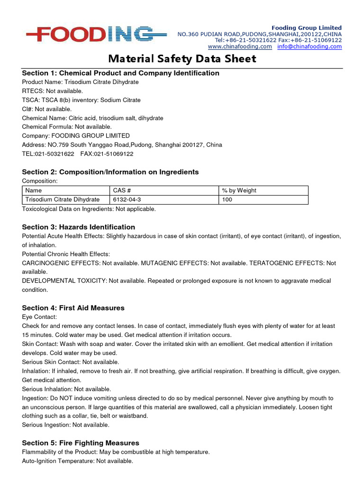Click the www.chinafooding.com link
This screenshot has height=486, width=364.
pyautogui.click(x=240, y=47)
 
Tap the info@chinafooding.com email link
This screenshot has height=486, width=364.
pyautogui.click(x=309, y=47)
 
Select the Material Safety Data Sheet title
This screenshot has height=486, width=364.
pyautogui.click(x=182, y=59)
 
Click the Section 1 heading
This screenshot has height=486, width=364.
pyautogui.click(x=120, y=73)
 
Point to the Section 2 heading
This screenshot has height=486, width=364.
pyautogui.click(x=110, y=172)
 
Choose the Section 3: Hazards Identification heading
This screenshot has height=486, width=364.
pyautogui.click(x=78, y=227)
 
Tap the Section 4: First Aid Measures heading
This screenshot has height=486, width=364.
pyautogui.click(x=73, y=308)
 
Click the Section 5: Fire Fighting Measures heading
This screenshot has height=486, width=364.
pyautogui.click(x=81, y=443)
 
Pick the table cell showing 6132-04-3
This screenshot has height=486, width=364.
pyautogui.click(x=127, y=200)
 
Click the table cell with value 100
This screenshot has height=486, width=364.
pyautogui.click(x=227, y=200)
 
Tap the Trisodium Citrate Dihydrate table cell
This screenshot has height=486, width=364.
pyautogui.click(x=63, y=200)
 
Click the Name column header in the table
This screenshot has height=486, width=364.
pyautogui.click(x=34, y=190)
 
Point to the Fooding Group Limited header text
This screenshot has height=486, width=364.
pyautogui.click(x=306, y=28)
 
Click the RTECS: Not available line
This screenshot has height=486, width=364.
pyautogui.click(x=52, y=91)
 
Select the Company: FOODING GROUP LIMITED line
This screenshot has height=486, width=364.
pyautogui.click(x=75, y=136)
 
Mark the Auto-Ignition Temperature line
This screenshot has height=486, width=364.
pyautogui.click(x=77, y=461)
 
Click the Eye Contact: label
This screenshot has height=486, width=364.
pyautogui.click(x=39, y=317)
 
